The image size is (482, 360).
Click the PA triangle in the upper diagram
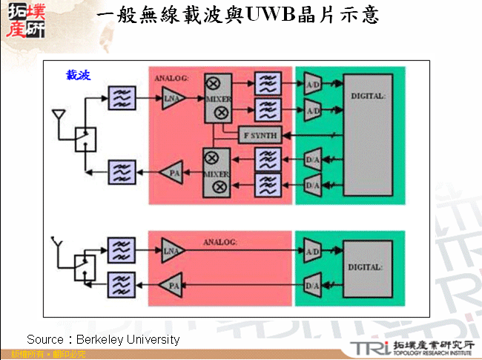(172, 171)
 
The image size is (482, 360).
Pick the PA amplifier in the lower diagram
(172, 284)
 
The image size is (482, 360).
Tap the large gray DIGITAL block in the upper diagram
(368, 134)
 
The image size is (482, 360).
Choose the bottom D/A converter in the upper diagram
(312, 183)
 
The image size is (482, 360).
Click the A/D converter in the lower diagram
(312, 252)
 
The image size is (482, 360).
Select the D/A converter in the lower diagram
(312, 284)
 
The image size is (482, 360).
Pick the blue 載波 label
(78, 75)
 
